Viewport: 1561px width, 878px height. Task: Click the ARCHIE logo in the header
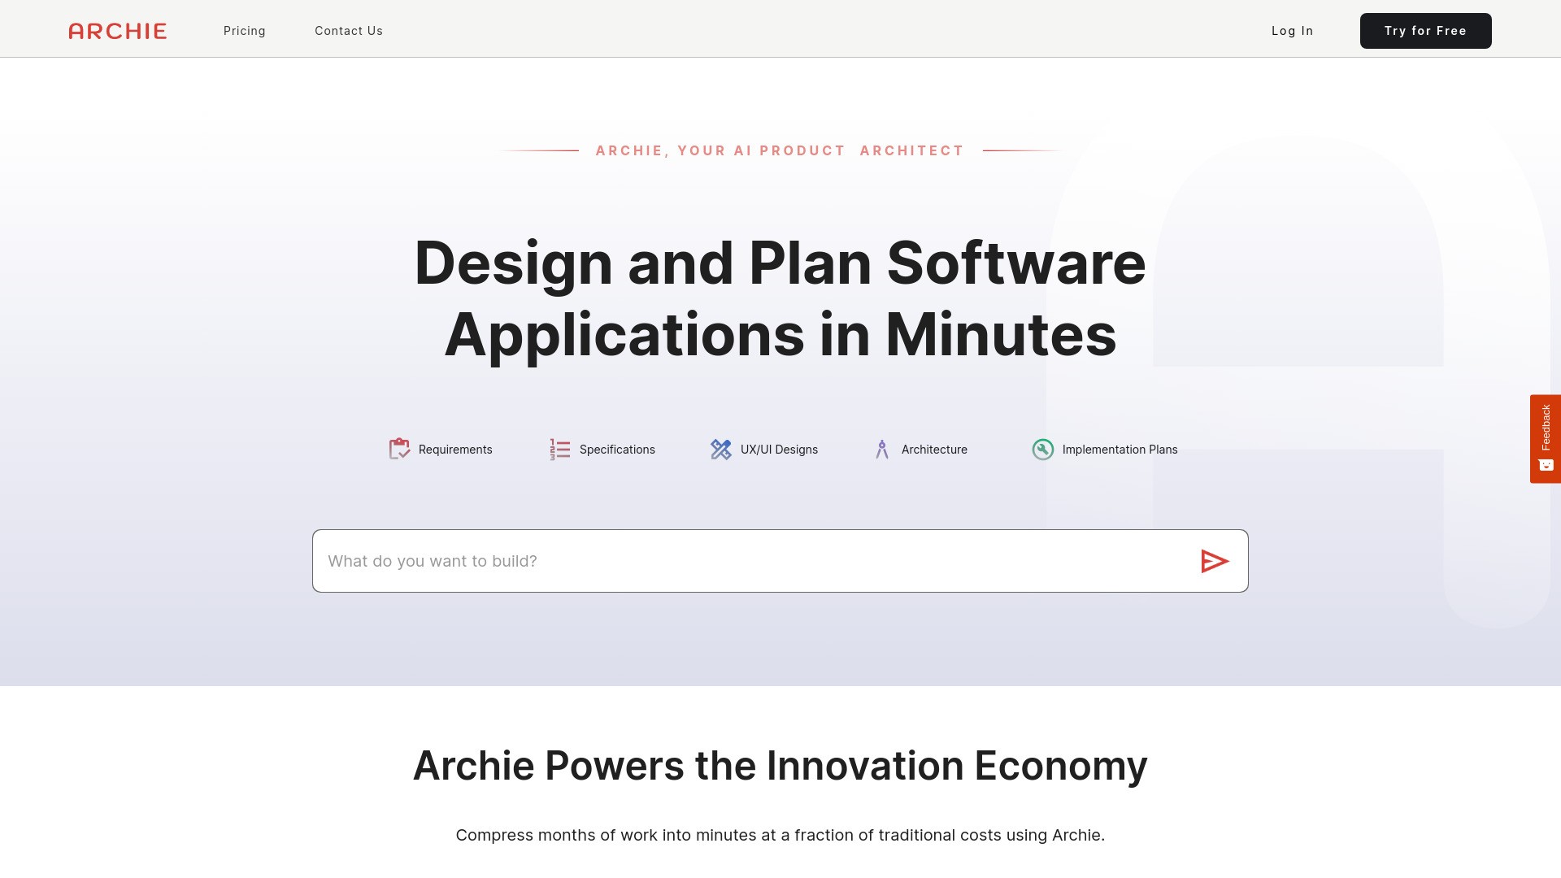pyautogui.click(x=118, y=31)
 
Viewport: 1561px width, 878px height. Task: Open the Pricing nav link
pyautogui.click(x=245, y=31)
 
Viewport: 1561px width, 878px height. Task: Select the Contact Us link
pyautogui.click(x=349, y=31)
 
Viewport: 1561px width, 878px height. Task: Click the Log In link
pyautogui.click(x=1292, y=31)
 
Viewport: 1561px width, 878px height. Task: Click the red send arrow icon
pyautogui.click(x=1214, y=561)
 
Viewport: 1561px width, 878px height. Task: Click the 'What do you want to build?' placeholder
pyautogui.click(x=433, y=561)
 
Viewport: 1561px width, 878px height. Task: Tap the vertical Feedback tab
pyautogui.click(x=1545, y=438)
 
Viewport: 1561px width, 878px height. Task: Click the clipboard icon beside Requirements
pyautogui.click(x=399, y=449)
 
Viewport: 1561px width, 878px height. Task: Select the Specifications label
pyautogui.click(x=617, y=450)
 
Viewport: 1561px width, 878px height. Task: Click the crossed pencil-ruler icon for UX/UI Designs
pyautogui.click(x=721, y=449)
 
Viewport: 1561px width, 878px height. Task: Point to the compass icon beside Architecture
pyautogui.click(x=882, y=449)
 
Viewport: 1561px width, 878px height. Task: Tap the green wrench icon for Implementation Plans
pyautogui.click(x=1042, y=449)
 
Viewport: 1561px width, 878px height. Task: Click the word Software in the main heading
pyautogui.click(x=1015, y=263)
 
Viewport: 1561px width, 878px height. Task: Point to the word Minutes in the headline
pyautogui.click(x=1000, y=334)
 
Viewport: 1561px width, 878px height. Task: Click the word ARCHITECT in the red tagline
pyautogui.click(x=911, y=150)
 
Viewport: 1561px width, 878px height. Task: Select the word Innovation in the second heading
pyautogui.click(x=864, y=766)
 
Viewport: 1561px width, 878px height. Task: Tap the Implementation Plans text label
pyautogui.click(x=1120, y=450)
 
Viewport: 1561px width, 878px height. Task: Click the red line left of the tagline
pyautogui.click(x=540, y=150)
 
